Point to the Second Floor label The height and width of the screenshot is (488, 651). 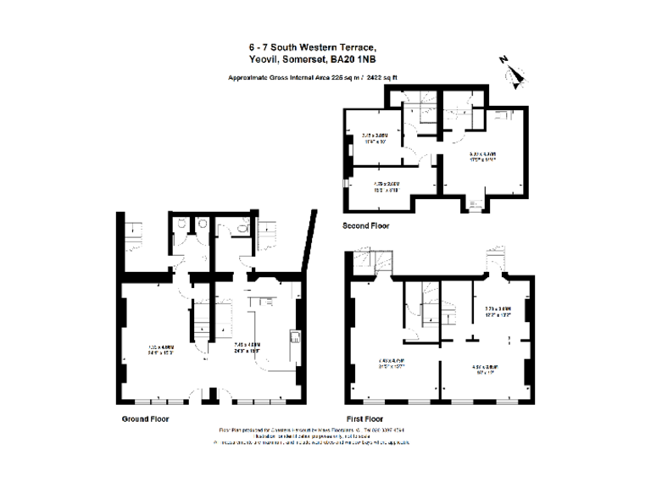coord(366,226)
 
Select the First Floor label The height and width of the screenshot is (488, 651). coord(365,419)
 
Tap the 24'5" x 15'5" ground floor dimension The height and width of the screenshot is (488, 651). coord(247,347)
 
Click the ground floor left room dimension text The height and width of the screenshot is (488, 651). coord(162,347)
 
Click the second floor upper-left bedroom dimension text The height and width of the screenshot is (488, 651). coord(374,138)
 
